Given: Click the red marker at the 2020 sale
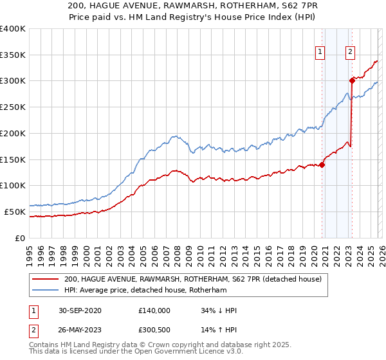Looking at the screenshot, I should coord(322,165).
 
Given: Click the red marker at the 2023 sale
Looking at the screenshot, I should coord(352,80).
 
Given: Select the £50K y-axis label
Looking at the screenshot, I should coord(15,212).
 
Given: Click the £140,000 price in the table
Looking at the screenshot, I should coord(154,310).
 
